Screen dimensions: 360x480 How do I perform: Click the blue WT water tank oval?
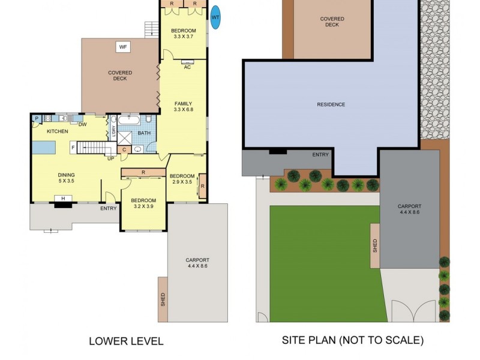[x=215, y=17]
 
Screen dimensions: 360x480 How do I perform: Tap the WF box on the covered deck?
[x=123, y=47]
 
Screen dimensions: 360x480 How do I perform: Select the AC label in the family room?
[x=187, y=67]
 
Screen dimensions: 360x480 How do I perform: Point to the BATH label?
[x=144, y=133]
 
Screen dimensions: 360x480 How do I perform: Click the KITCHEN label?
[x=58, y=131]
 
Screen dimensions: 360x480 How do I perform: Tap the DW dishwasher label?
[x=82, y=124]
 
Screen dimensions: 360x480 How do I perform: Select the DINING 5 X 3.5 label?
[x=66, y=179]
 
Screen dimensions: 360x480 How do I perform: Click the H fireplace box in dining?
[x=62, y=199]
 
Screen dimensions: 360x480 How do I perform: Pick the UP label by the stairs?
[x=110, y=159]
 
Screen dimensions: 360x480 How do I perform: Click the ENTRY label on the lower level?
[x=109, y=208]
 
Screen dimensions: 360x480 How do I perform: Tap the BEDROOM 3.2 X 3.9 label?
[x=143, y=203]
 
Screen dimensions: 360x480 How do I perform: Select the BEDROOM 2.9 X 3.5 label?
[x=182, y=178]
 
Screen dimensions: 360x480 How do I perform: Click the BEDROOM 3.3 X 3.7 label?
[x=183, y=34]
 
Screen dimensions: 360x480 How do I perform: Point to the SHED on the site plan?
[x=375, y=245]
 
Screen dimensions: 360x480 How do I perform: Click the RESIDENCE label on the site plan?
[x=331, y=105]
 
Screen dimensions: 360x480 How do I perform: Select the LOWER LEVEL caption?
[x=126, y=341]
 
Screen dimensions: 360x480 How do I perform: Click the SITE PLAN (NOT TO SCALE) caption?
[x=353, y=340]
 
